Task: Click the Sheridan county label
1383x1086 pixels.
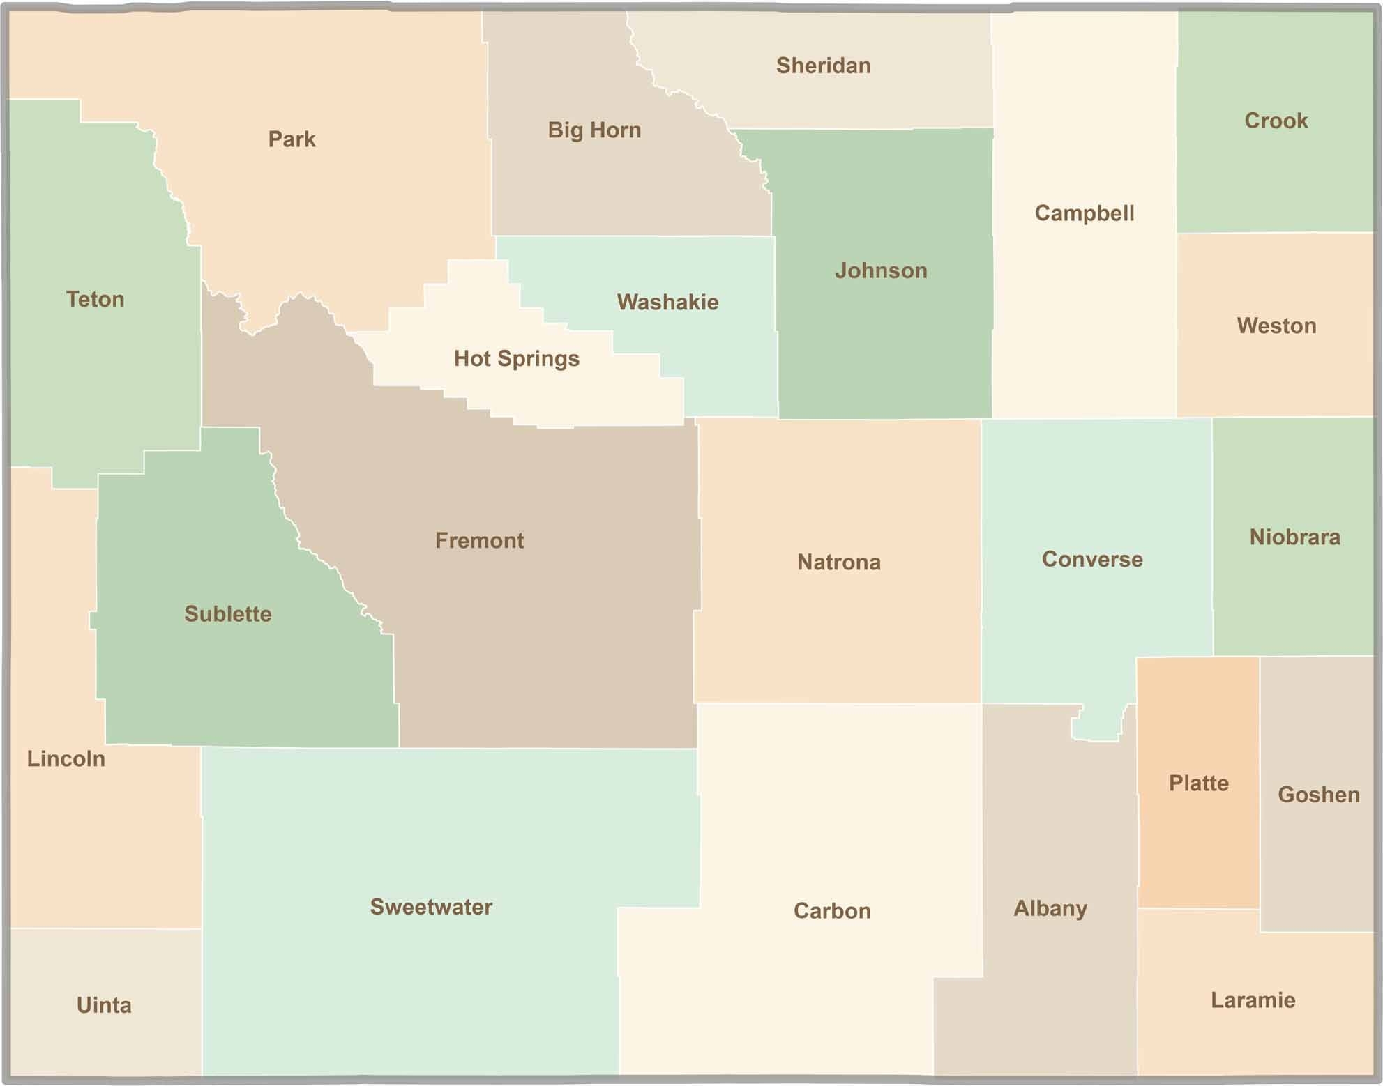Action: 823,66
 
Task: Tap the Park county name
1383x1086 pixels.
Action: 292,139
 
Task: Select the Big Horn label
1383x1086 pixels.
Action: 594,130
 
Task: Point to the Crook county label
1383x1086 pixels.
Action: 1276,121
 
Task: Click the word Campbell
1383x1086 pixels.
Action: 1084,213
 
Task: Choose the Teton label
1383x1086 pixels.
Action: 95,299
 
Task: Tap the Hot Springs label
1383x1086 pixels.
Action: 516,358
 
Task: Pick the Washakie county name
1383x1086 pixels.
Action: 667,302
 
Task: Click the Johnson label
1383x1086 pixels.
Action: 881,270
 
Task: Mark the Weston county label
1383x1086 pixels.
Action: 1276,326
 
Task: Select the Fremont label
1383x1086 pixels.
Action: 479,540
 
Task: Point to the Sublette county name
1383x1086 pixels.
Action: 227,614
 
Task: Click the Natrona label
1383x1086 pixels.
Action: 838,562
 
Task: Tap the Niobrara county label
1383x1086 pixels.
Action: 1294,537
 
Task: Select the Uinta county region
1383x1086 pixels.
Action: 104,1004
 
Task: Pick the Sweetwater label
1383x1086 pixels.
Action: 430,907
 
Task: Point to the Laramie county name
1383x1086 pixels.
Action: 1253,1000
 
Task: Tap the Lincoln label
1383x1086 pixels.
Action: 66,758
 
